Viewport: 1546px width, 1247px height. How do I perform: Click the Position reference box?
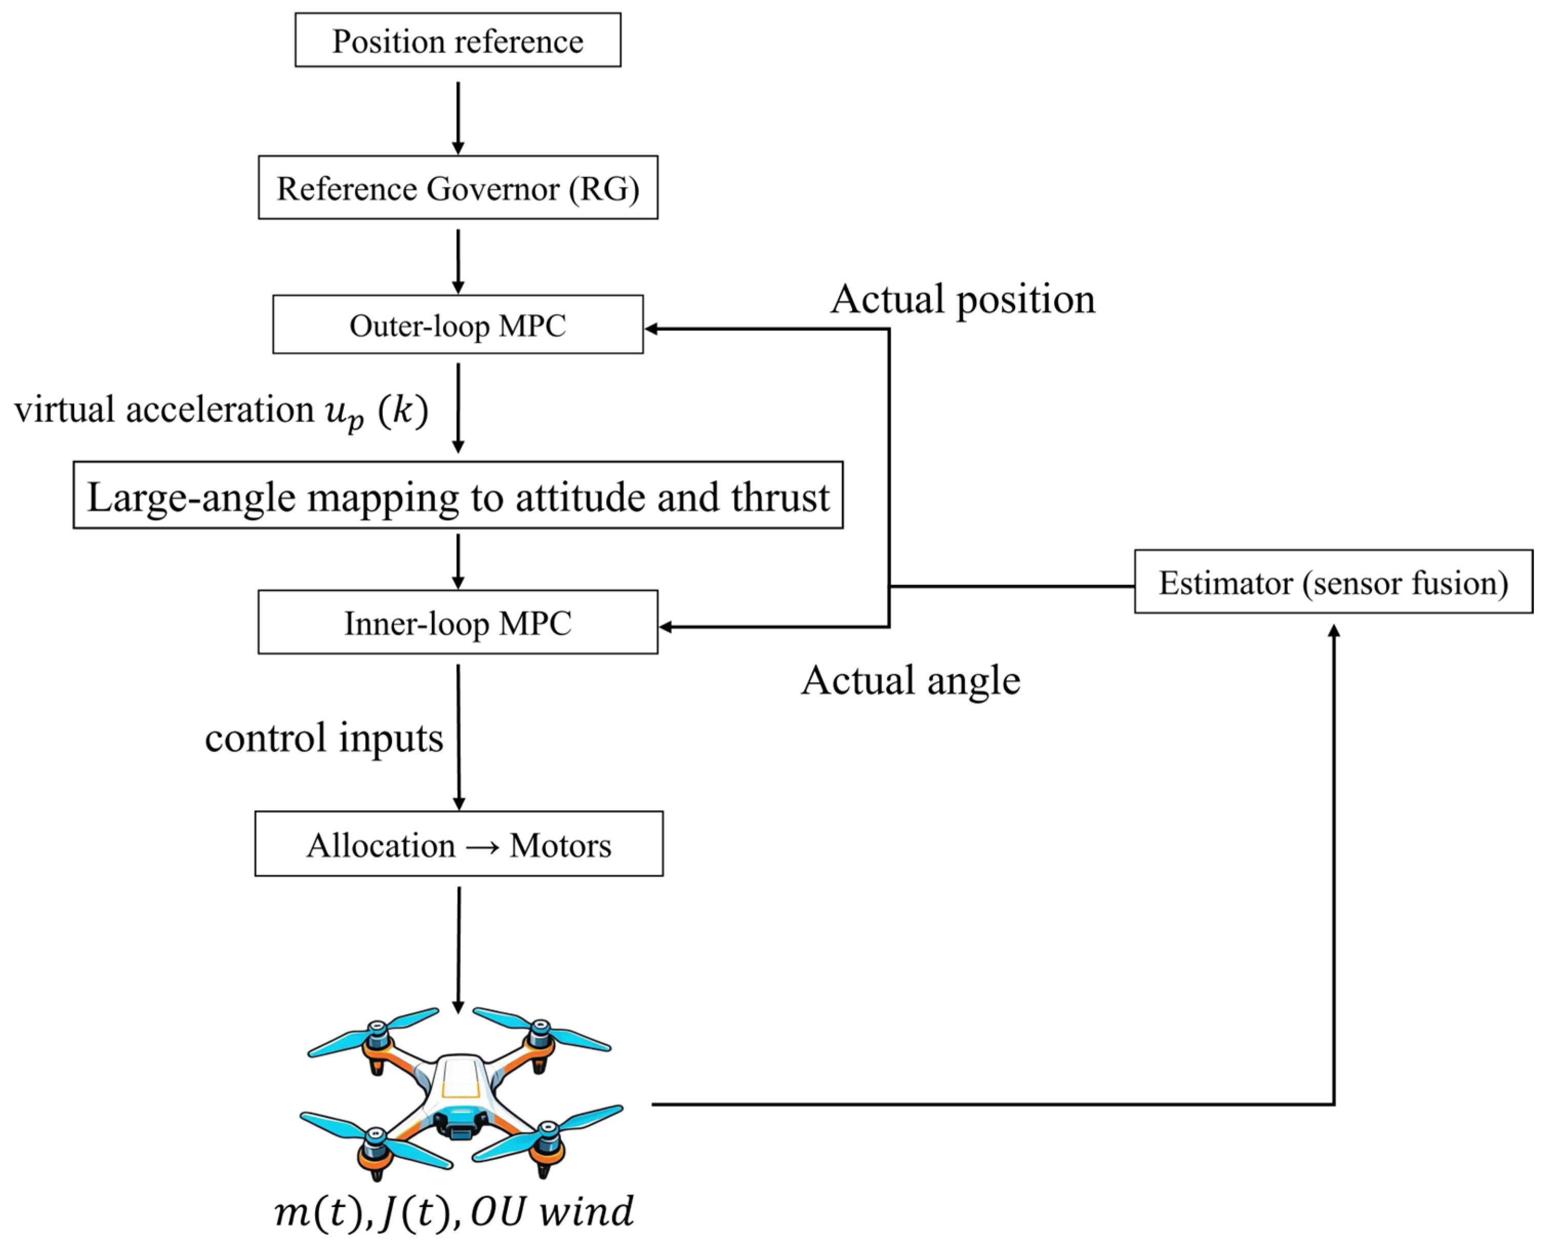click(458, 40)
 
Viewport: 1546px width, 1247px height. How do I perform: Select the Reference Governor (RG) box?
click(458, 188)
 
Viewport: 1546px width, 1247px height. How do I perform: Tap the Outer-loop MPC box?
click(458, 325)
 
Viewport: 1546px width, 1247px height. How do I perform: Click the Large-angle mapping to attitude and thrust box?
click(458, 495)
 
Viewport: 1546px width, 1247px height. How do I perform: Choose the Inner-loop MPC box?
click(458, 622)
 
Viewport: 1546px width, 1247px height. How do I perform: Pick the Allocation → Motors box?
click(458, 844)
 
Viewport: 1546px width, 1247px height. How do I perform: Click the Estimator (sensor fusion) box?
click(1333, 582)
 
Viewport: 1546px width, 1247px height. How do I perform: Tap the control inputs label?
click(324, 737)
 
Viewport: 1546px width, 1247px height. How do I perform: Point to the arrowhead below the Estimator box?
click(1334, 631)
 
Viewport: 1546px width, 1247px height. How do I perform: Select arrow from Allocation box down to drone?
click(458, 948)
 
